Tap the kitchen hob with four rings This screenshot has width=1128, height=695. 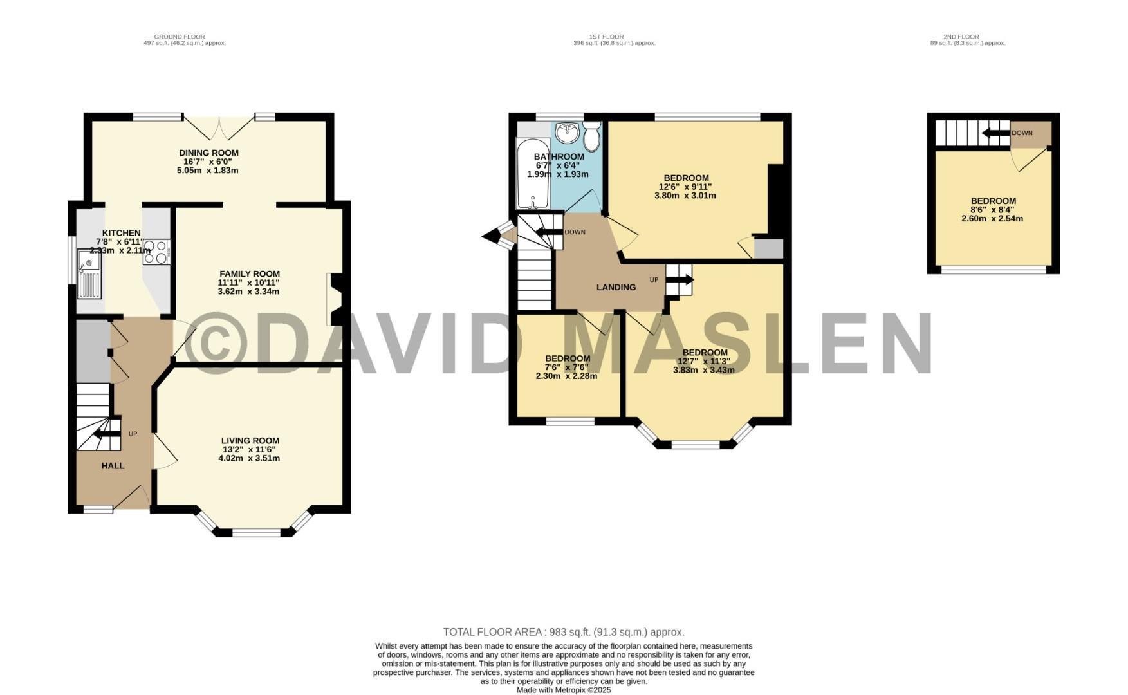click(156, 252)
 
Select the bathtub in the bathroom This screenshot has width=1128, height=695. click(533, 174)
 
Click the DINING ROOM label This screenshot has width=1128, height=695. click(208, 153)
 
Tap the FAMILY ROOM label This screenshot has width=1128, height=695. click(250, 274)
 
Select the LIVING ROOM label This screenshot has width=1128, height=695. click(250, 441)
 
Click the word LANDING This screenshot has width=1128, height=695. click(616, 288)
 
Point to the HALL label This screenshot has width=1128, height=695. click(113, 466)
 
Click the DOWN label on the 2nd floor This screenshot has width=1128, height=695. click(1022, 133)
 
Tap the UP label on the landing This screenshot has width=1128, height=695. click(654, 280)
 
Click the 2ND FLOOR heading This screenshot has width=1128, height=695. click(961, 37)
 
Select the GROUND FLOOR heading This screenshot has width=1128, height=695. click(180, 37)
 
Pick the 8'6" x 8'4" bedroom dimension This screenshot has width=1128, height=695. click(992, 210)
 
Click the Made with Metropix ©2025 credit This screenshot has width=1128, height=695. click(564, 690)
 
